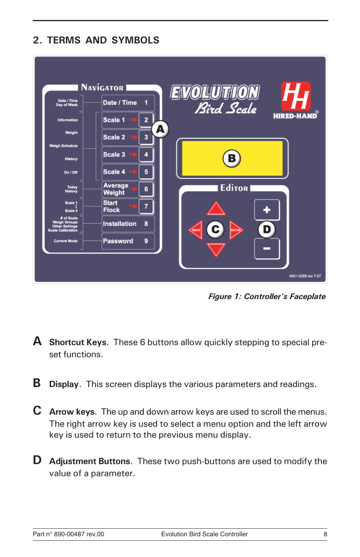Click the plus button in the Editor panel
267,210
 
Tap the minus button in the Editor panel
267,248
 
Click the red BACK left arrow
196,230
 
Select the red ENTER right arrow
236,230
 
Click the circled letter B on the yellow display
232,158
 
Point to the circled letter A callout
160,129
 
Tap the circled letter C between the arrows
215,229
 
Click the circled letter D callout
267,229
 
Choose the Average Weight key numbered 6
146,189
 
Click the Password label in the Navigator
118,241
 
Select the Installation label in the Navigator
120,224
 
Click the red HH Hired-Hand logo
296,96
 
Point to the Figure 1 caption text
267,296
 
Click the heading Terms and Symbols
96,40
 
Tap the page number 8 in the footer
325,534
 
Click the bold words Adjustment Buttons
90,461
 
